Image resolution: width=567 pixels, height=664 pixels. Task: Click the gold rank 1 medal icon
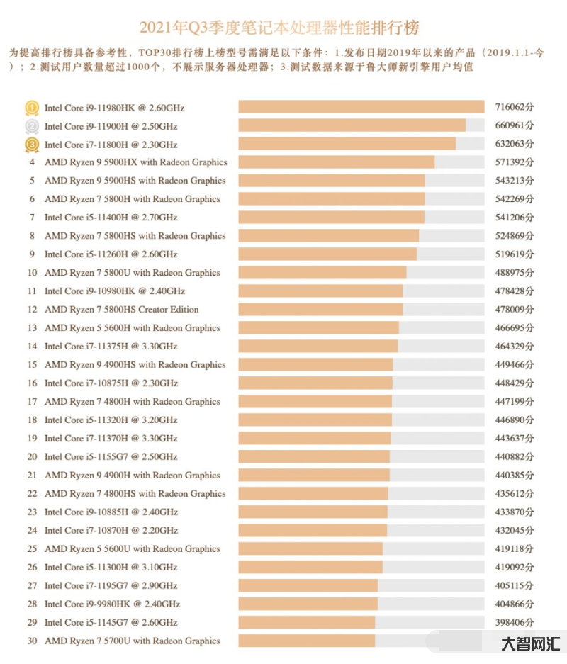(32, 108)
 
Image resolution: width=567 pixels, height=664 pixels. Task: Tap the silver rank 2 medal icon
(32, 126)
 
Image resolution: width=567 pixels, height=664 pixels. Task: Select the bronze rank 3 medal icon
(32, 145)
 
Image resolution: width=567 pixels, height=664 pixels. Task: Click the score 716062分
(514, 108)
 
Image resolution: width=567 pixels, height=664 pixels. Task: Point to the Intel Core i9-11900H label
(111, 126)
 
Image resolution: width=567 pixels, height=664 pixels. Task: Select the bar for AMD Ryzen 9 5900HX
(336, 162)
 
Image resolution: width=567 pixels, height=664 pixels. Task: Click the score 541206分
(514, 218)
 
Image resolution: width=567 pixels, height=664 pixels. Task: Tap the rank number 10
(32, 273)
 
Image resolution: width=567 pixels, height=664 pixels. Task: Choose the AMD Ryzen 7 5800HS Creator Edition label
(122, 310)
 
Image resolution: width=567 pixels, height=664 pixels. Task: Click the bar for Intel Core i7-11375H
(318, 347)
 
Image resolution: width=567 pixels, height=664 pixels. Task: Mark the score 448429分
(514, 383)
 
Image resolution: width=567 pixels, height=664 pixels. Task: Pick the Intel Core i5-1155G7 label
(111, 457)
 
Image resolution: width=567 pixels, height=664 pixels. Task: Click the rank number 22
(32, 494)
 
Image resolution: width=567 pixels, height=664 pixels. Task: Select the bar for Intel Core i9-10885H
(313, 512)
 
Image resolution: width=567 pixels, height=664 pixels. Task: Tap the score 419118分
(514, 549)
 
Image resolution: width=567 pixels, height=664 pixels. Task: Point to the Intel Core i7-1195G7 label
(111, 586)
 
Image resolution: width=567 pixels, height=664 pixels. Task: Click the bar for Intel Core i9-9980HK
(308, 604)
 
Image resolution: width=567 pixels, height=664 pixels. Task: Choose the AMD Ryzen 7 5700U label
(133, 641)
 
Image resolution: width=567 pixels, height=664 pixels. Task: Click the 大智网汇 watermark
(531, 644)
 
